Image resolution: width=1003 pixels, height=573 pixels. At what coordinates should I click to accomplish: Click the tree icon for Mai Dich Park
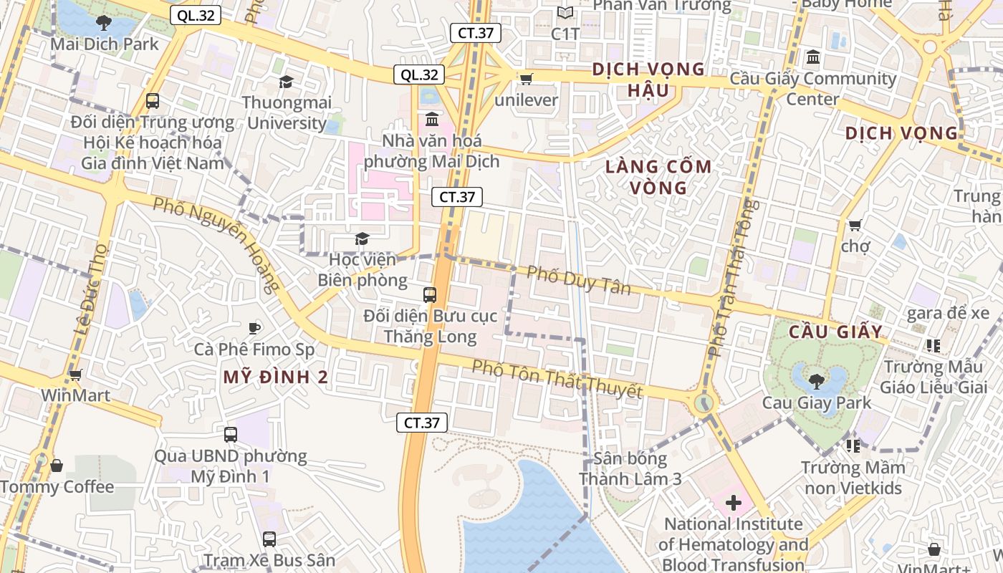click(104, 22)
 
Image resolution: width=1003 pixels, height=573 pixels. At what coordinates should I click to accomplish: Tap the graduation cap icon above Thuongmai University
click(286, 82)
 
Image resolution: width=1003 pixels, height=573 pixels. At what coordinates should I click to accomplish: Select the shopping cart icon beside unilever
click(526, 79)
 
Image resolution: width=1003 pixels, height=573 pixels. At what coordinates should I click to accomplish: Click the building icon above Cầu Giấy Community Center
click(813, 57)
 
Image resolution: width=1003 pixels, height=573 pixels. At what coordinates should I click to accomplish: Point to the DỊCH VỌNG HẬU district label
click(648, 80)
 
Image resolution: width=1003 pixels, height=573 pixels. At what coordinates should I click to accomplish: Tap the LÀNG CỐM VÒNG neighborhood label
click(658, 177)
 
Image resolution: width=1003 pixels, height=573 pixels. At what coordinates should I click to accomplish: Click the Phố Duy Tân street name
click(579, 280)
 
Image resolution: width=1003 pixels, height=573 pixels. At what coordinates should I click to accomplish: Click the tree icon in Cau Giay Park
click(816, 380)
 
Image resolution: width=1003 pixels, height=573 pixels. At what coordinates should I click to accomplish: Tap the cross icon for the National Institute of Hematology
click(733, 503)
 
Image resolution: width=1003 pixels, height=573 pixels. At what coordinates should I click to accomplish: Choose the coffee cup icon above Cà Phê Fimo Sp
click(254, 328)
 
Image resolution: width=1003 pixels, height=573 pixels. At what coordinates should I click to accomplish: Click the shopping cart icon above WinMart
click(75, 374)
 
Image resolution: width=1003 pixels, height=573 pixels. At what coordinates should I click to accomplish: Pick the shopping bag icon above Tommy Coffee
click(57, 466)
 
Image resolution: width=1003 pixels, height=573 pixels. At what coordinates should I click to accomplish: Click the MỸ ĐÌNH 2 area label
click(276, 377)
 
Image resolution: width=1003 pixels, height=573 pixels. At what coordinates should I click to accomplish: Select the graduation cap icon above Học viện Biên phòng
click(362, 239)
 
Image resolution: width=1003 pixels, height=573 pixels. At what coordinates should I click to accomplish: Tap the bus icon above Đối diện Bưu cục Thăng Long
click(429, 294)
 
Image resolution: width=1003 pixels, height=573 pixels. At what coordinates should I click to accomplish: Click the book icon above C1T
click(565, 13)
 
